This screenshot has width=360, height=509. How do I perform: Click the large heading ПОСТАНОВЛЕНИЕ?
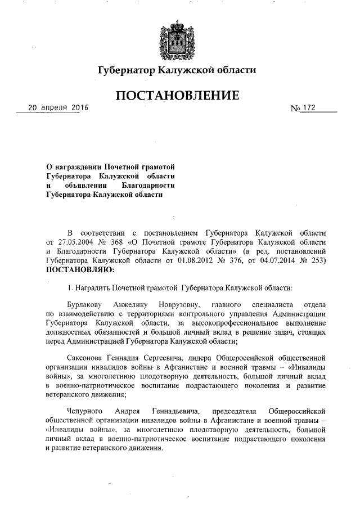click(x=177, y=96)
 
